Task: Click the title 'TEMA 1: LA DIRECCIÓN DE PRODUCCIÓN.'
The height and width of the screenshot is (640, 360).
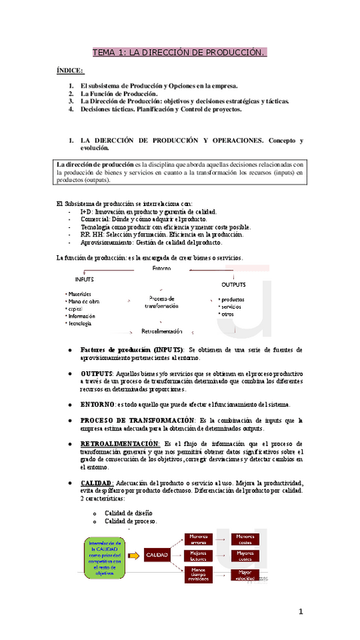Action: (179, 53)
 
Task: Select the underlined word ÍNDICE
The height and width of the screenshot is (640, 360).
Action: (70, 70)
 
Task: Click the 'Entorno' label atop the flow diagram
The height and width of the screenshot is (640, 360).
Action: (162, 268)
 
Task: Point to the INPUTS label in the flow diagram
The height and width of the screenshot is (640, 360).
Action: (85, 279)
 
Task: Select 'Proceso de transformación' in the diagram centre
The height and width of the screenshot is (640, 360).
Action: (162, 302)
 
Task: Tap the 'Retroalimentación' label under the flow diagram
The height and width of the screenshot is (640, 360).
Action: (162, 331)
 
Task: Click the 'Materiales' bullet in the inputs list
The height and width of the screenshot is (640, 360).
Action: (80, 294)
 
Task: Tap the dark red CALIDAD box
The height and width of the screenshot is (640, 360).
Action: (156, 554)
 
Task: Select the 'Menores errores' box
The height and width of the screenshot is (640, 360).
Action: (198, 539)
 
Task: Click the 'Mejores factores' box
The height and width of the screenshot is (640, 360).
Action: (198, 556)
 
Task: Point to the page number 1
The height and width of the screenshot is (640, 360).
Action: (300, 611)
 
